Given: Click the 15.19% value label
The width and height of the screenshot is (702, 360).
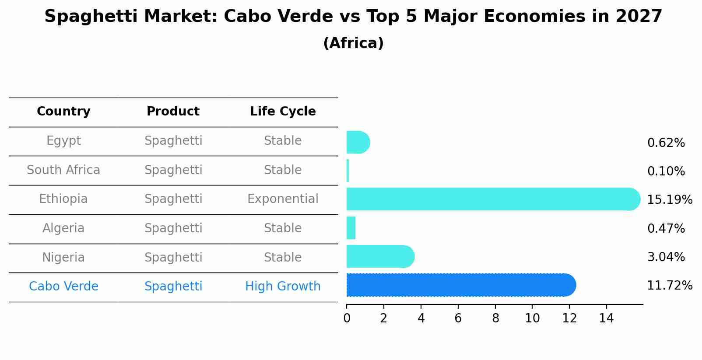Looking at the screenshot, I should coord(669,200).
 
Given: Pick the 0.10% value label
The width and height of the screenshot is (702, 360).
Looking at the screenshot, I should coord(666,171).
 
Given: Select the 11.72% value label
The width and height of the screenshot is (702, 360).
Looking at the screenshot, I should coord(669,286).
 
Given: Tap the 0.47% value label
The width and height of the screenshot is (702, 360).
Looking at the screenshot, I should coord(666,228).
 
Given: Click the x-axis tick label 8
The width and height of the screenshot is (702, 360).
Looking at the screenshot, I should coord(495,318).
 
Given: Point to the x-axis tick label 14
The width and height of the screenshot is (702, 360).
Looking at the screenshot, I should coord(607,318).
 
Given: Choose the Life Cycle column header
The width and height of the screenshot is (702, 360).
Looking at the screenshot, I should coord(283,112).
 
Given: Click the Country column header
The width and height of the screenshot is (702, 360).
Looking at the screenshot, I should coord(63,112).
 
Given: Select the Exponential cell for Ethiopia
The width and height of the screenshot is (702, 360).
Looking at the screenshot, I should coord(283,199).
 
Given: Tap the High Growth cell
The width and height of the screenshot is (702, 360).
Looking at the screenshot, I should coord(283,287).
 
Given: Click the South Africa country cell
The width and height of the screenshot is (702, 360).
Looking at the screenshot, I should coord(63,170).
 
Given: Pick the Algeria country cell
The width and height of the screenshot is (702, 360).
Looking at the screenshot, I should coord(63,228).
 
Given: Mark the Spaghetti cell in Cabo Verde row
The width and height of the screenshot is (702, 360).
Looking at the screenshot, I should coord(173,287).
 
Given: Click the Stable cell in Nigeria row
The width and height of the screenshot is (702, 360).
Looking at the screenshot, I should coord(283,258).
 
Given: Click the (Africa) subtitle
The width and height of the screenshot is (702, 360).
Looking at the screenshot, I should coord(353,43).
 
